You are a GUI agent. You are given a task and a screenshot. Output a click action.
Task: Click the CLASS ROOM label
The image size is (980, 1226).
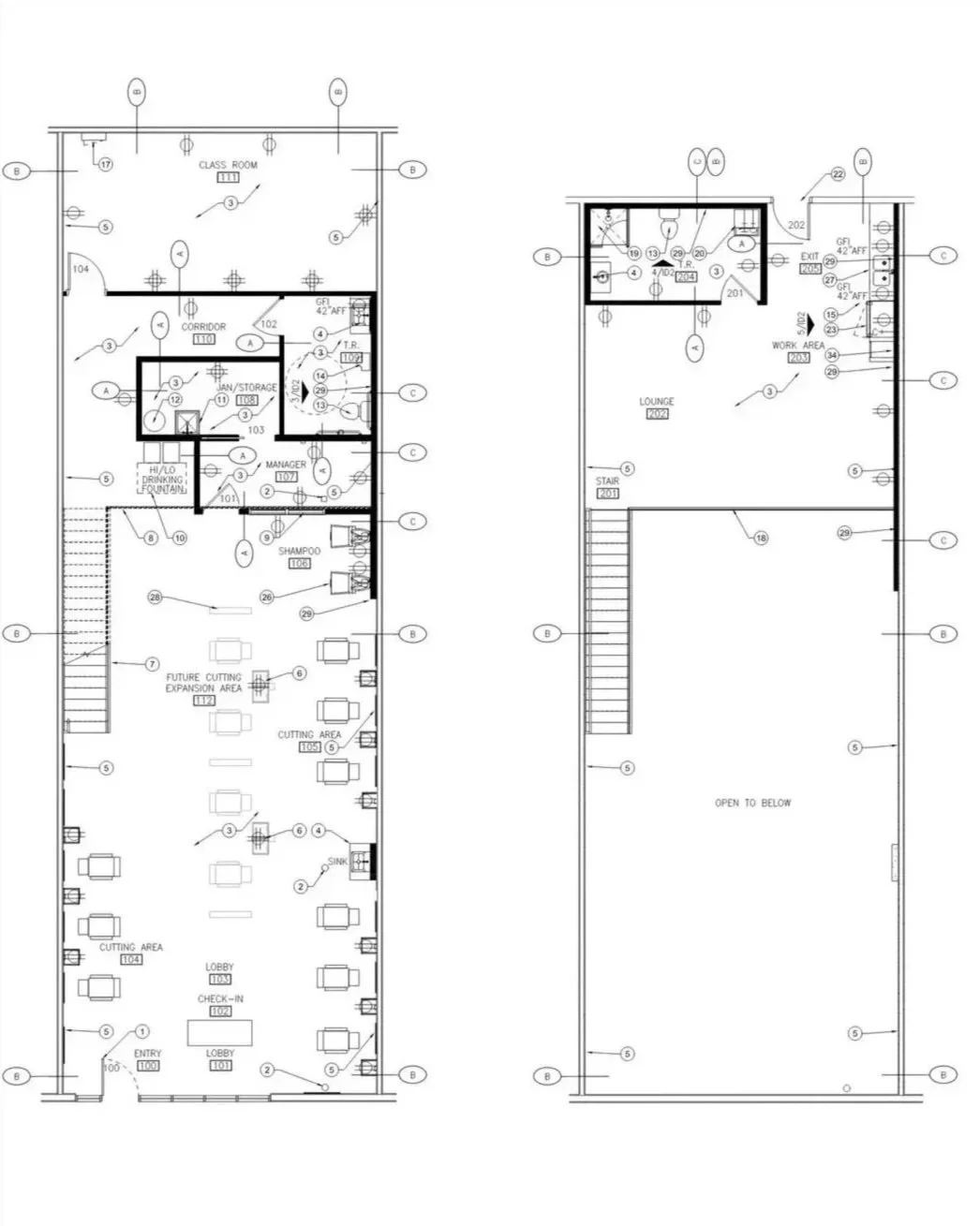[228, 165]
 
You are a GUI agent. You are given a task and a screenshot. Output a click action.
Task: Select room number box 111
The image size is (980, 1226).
[228, 177]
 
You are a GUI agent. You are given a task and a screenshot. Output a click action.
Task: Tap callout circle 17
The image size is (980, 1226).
[106, 165]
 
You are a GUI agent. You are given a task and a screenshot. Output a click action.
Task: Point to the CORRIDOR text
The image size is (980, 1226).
[203, 327]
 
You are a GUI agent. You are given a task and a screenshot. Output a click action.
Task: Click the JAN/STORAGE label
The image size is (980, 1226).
[247, 388]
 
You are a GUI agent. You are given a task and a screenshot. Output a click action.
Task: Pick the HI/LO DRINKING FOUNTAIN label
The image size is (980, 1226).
[163, 479]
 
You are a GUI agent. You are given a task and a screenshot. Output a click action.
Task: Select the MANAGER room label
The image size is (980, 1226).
[286, 465]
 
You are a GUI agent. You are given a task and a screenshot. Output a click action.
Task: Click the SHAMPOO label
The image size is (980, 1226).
[299, 552]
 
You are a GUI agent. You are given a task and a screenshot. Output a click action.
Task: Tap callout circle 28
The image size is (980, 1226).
[156, 597]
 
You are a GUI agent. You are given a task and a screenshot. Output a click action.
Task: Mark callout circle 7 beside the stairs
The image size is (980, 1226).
[152, 664]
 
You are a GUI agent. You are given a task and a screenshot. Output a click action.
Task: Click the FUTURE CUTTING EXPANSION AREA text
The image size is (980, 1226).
[203, 682]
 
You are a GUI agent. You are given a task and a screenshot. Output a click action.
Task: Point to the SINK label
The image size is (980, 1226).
[337, 862]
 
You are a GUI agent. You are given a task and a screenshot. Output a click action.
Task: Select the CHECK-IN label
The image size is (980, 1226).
[220, 999]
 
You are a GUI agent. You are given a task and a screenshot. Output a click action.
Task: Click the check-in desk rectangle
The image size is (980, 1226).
[220, 1032]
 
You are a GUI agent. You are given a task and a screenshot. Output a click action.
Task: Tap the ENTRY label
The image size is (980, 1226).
[148, 1055]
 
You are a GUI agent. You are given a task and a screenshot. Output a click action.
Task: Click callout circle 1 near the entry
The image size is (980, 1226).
[141, 1031]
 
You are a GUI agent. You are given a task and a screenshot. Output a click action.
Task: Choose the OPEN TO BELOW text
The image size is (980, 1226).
[752, 803]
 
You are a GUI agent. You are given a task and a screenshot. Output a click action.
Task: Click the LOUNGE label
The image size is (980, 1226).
[657, 402]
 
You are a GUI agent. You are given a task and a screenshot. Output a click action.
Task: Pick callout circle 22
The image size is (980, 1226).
[838, 175]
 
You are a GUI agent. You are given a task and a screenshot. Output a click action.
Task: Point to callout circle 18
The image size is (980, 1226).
[761, 539]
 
